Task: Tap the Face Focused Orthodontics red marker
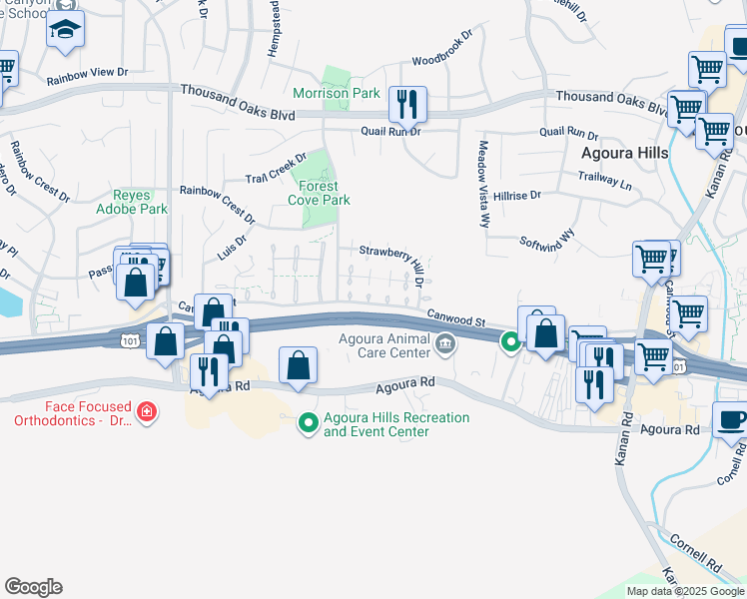(147, 411)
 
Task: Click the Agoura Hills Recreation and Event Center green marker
(309, 424)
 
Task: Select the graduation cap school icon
(65, 30)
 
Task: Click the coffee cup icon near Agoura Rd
(732, 419)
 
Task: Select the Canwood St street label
(456, 317)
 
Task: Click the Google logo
(33, 587)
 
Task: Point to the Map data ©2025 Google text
(685, 591)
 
